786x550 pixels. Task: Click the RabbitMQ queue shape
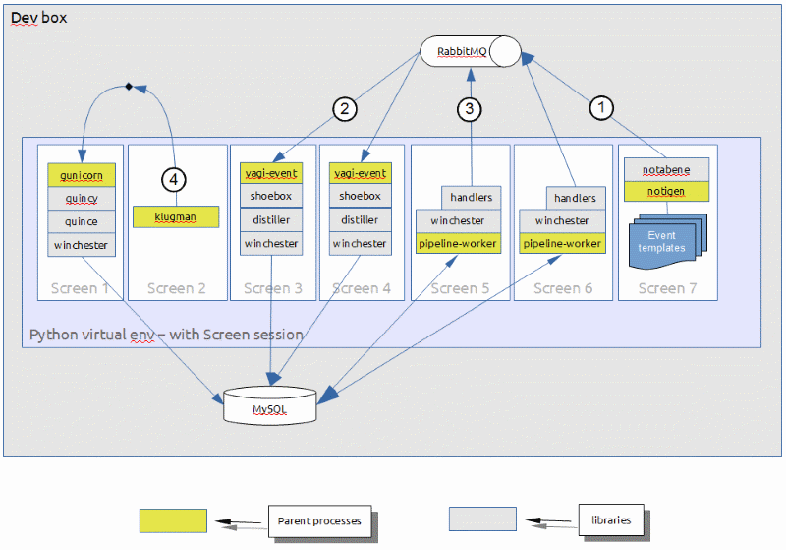pos(471,51)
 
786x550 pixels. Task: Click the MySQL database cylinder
pos(270,405)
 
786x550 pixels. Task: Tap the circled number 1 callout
pos(602,107)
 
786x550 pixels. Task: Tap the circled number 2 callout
pos(343,109)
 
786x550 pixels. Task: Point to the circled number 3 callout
pos(471,109)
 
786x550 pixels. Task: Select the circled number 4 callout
pos(174,180)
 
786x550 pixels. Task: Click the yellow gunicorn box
pos(82,174)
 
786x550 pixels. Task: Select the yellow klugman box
pos(176,216)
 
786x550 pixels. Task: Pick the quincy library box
pos(82,198)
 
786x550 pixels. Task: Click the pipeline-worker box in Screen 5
pos(457,243)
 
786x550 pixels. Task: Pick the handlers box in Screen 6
pos(575,198)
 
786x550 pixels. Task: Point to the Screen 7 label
pos(667,288)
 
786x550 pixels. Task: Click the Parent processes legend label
pos(319,520)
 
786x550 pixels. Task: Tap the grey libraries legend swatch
pos(482,519)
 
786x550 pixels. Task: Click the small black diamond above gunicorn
pos(129,88)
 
